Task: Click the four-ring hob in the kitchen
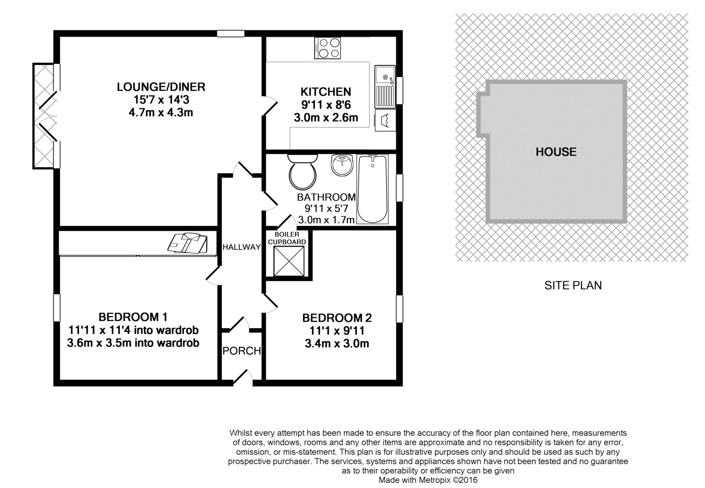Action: (327, 48)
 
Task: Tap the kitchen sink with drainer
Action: (385, 87)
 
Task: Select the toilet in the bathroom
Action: (303, 172)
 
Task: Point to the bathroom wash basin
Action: (342, 165)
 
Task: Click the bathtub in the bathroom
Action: (373, 189)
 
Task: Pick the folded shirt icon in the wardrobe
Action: (187, 243)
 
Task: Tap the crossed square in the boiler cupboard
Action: (289, 261)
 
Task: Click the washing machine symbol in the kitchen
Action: (385, 120)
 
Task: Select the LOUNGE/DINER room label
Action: (161, 87)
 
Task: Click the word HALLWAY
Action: (242, 247)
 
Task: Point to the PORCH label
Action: (242, 351)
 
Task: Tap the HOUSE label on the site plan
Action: (556, 152)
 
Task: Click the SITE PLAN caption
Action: (573, 285)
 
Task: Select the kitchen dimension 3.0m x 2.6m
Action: (326, 118)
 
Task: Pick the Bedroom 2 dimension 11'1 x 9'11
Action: (337, 331)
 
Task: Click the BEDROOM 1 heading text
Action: (133, 317)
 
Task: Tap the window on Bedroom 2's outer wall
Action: (399, 309)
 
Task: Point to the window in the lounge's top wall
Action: (231, 33)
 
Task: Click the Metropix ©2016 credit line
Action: (428, 480)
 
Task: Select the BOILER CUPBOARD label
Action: (287, 238)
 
